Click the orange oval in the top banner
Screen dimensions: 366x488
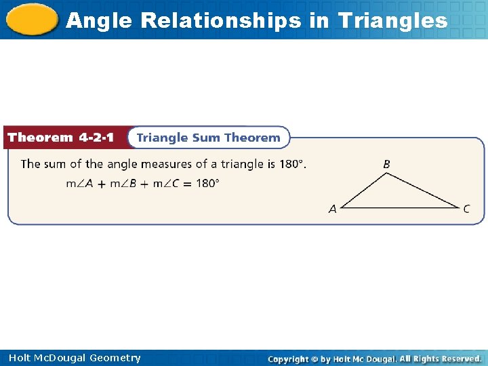pos(31,20)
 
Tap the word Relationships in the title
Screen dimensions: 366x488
pos(221,20)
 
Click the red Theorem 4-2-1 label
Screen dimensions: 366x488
pos(60,138)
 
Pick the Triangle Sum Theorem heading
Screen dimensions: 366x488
pos(208,138)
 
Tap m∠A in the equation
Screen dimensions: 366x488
pos(79,183)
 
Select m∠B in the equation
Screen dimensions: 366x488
pos(124,183)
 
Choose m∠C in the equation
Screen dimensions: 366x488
pos(168,183)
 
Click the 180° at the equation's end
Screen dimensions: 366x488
pos(207,183)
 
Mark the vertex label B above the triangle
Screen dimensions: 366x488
pos(386,164)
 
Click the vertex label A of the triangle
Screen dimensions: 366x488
pos(332,209)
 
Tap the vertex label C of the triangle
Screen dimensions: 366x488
pos(466,209)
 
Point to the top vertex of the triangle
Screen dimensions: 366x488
pos(386,174)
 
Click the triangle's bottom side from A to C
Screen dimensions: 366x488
pos(400,207)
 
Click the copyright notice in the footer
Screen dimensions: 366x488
pos(374,359)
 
